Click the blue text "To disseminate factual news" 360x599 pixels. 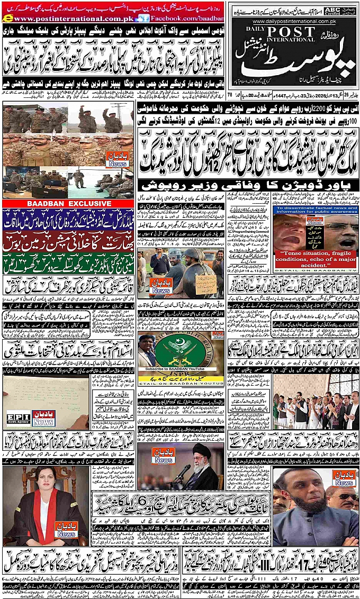(317, 212)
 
